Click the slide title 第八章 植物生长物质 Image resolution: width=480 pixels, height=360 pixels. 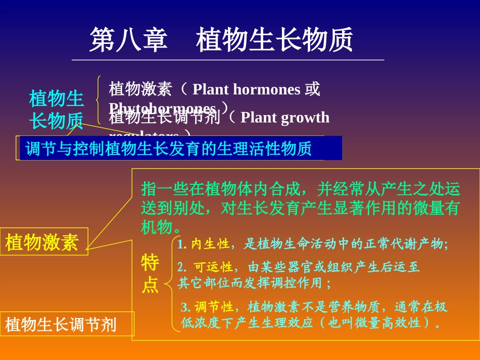pyautogui.click(x=221, y=40)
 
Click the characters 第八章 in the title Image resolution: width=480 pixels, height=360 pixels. pyautogui.click(x=128, y=40)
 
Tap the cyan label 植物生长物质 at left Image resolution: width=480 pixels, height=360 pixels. pyautogui.click(x=56, y=110)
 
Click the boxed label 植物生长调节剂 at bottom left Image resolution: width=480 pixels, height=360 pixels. pyautogui.click(x=61, y=324)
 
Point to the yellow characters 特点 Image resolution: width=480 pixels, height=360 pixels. pyautogui.click(x=150, y=274)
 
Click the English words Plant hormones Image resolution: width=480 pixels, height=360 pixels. pyautogui.click(x=247, y=90)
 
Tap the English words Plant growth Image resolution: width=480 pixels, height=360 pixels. pyautogui.click(x=285, y=118)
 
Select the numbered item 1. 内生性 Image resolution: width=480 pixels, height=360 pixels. pyautogui.click(x=203, y=244)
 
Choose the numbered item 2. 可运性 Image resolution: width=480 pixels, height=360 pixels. pyautogui.click(x=205, y=267)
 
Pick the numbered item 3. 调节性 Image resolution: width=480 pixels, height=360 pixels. pyautogui.click(x=207, y=306)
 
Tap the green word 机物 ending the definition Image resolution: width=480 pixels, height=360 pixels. pyautogui.click(x=157, y=227)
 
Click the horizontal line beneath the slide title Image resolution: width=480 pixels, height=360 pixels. pyautogui.click(x=227, y=60)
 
